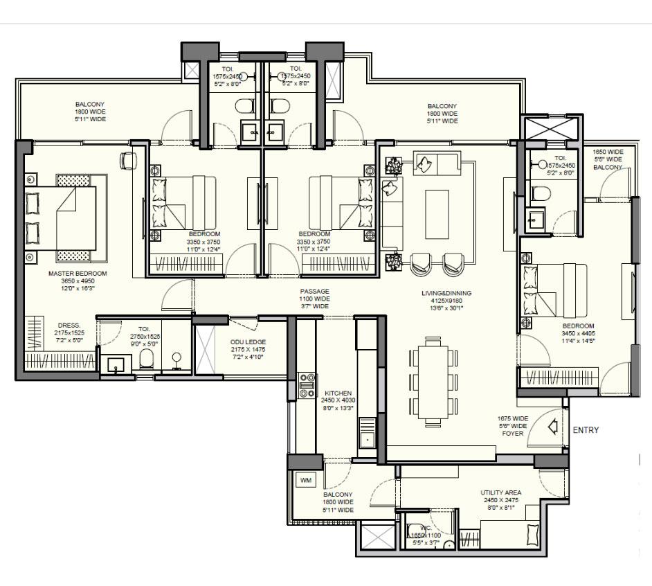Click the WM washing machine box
pyautogui.click(x=305, y=479)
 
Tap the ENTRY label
pyautogui.click(x=586, y=430)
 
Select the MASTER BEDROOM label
pyautogui.click(x=66, y=274)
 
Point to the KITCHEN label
pyautogui.click(x=338, y=393)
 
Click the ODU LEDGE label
pyautogui.click(x=248, y=342)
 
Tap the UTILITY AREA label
pyautogui.click(x=500, y=493)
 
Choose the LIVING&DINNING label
pyautogui.click(x=446, y=293)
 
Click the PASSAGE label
pyautogui.click(x=314, y=291)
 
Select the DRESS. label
pyautogui.click(x=69, y=324)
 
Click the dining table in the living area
pyautogui.click(x=433, y=380)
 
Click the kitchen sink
pyautogui.click(x=366, y=438)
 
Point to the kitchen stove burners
pyautogui.click(x=305, y=385)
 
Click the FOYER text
pyautogui.click(x=512, y=434)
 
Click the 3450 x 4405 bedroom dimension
pyautogui.click(x=578, y=333)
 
